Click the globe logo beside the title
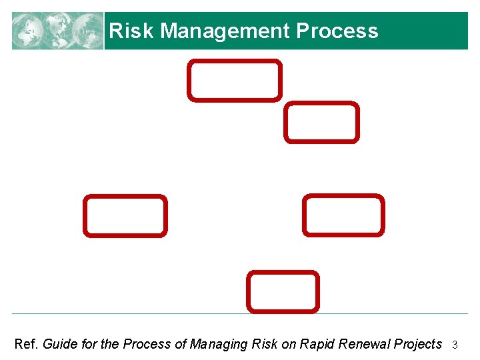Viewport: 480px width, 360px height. (x=57, y=31)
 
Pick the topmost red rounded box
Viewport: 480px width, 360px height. (x=234, y=81)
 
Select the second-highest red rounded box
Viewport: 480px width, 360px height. (x=321, y=122)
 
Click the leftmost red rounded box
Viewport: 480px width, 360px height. (x=125, y=215)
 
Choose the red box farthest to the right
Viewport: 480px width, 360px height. (x=343, y=215)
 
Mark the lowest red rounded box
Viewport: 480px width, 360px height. (x=283, y=291)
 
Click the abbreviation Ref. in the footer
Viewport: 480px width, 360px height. (x=27, y=344)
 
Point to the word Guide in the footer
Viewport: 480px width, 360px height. (x=59, y=344)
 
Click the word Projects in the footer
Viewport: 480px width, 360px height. (x=417, y=344)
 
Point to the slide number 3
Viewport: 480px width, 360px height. (x=455, y=345)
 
